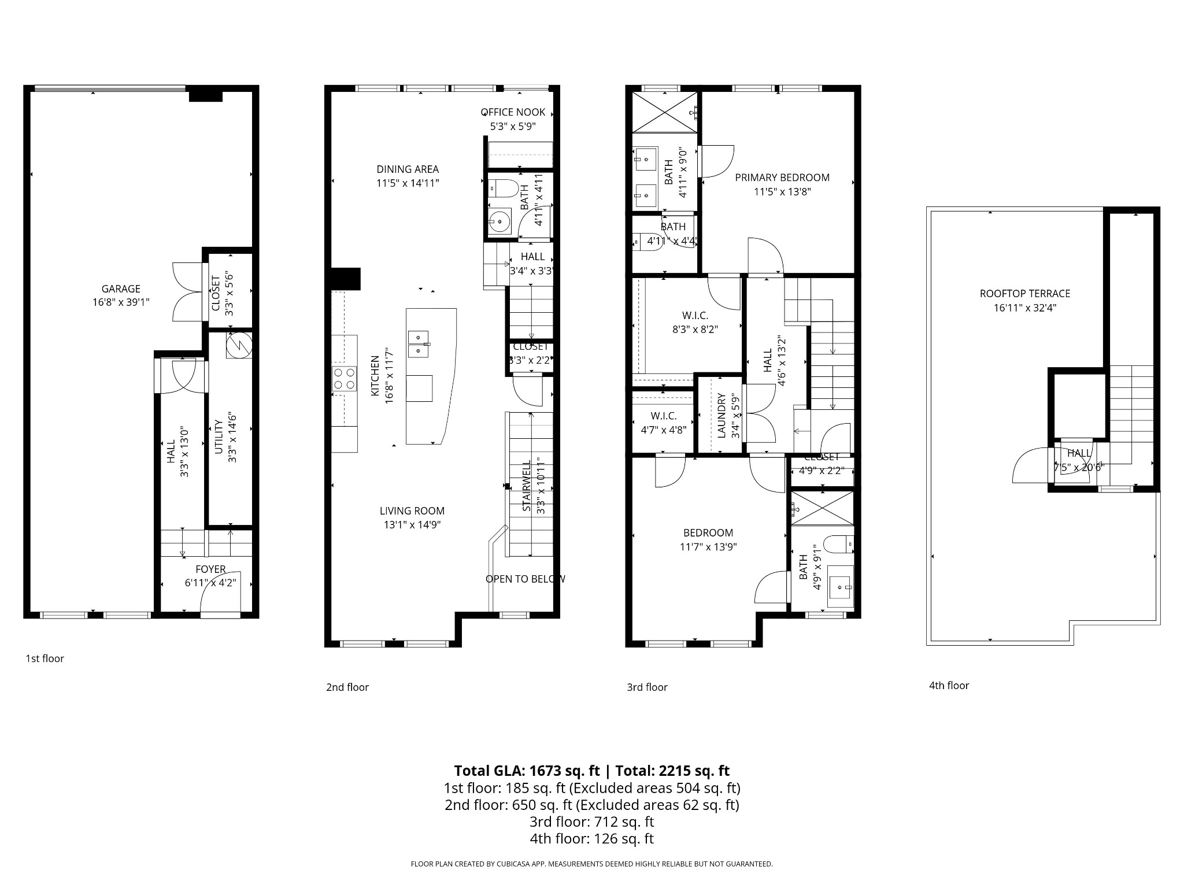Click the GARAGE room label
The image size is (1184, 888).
click(x=121, y=288)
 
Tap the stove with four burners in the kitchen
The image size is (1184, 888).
click(x=344, y=379)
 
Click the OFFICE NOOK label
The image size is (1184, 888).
click(x=513, y=112)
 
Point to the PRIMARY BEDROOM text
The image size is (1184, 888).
click(x=782, y=177)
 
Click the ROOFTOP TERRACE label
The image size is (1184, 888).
click(x=1024, y=294)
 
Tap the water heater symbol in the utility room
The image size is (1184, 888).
click(x=239, y=345)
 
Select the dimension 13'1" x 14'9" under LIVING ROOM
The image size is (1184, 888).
click(x=412, y=525)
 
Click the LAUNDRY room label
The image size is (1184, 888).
click(x=721, y=415)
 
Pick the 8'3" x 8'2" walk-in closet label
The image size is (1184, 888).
click(x=695, y=330)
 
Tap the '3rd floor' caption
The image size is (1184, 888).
click(x=647, y=687)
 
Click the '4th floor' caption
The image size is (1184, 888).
click(x=949, y=685)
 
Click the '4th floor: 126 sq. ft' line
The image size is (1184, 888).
click(x=591, y=838)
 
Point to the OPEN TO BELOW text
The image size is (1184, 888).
click(x=525, y=579)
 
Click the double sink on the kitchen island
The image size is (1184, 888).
click(x=418, y=344)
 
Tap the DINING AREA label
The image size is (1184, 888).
click(x=408, y=169)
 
